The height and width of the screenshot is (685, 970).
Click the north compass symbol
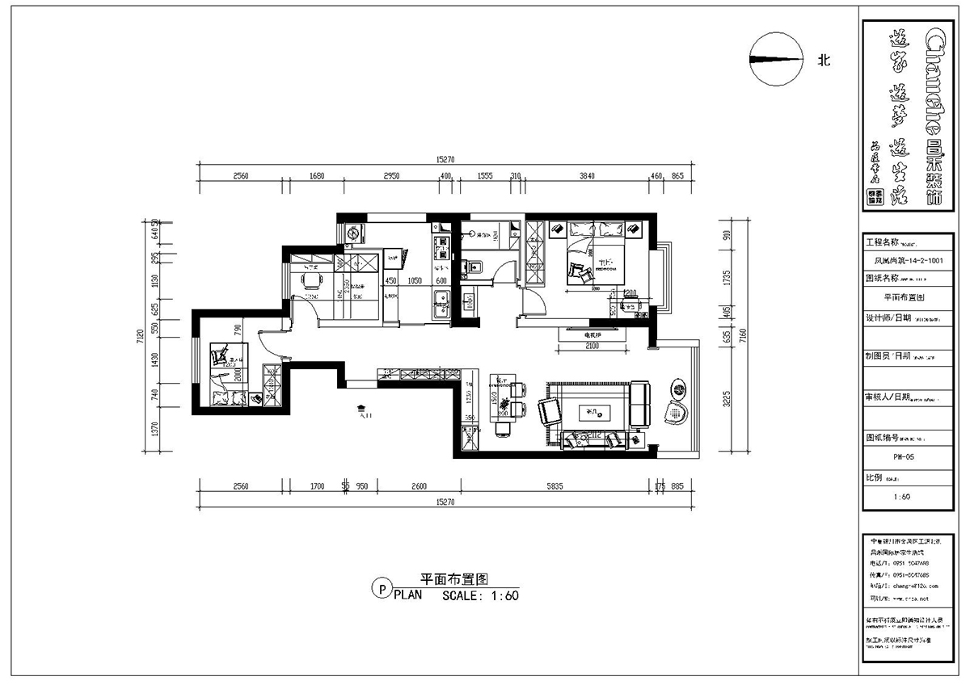(776, 59)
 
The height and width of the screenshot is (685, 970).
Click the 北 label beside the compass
(824, 60)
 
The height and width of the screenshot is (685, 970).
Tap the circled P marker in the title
(378, 589)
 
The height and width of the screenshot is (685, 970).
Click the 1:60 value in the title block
(903, 497)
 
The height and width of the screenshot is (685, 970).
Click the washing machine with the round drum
(354, 233)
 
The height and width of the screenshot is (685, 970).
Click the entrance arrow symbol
(362, 410)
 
